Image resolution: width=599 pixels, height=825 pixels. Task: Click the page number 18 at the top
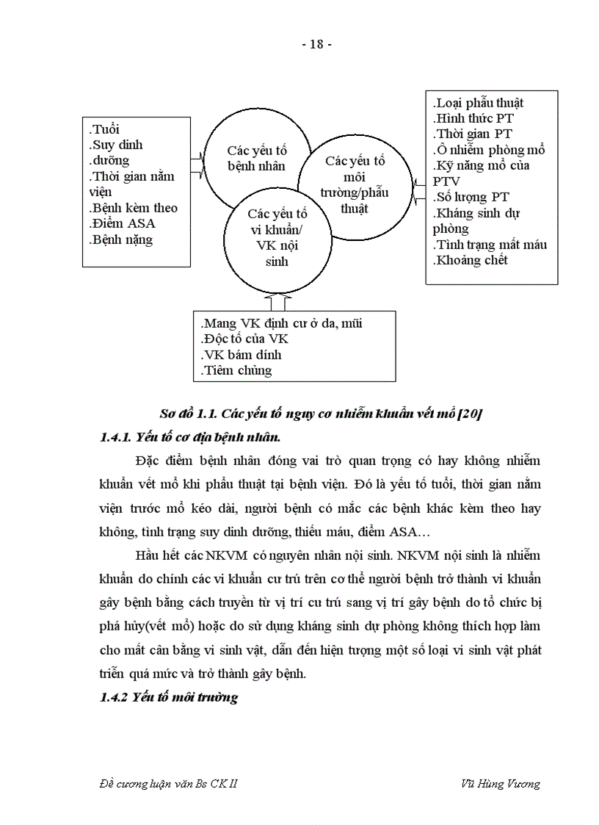(317, 44)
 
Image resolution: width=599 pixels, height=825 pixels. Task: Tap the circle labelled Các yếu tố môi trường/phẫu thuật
(355, 184)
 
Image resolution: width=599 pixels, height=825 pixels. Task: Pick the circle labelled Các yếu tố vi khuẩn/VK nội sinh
(277, 237)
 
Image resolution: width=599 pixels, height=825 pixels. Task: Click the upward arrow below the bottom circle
(277, 300)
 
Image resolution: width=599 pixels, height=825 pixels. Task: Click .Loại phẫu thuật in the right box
(478, 103)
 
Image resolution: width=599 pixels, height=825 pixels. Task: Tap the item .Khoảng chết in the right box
(470, 260)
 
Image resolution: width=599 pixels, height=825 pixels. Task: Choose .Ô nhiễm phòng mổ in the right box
(489, 150)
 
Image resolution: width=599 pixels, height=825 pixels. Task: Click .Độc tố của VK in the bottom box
(244, 339)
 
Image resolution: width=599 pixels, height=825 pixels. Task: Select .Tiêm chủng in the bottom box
(236, 370)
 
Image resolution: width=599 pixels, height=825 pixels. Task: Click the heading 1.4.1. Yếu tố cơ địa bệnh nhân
(189, 437)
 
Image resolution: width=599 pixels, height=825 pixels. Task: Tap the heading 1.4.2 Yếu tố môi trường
(169, 697)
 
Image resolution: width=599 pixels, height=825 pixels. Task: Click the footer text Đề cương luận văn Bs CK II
(168, 783)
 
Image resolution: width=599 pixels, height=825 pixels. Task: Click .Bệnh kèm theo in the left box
(133, 208)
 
